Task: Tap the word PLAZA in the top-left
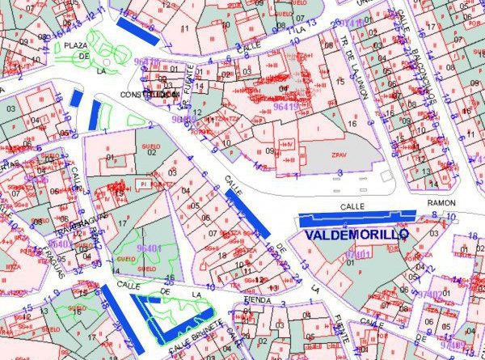click(x=77, y=44)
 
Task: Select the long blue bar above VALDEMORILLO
click(x=356, y=217)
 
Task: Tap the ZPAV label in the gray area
click(x=339, y=154)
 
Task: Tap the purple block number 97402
click(x=431, y=294)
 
